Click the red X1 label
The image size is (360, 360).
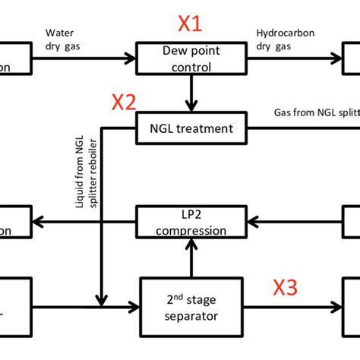tap(190, 25)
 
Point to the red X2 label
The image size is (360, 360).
tap(124, 102)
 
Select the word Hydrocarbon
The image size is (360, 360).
tap(286, 33)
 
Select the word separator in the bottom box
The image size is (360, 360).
tap(191, 314)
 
